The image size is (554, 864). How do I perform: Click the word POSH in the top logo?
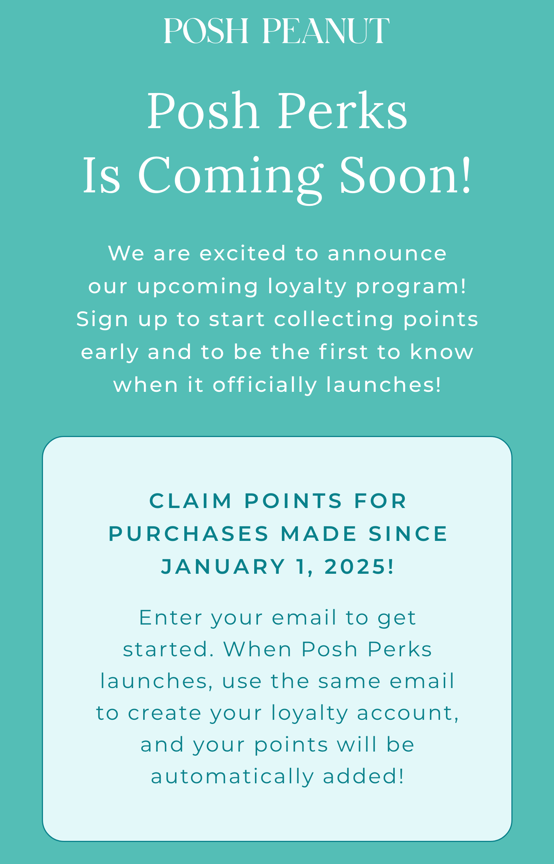(206, 31)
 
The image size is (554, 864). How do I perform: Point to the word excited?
(243, 253)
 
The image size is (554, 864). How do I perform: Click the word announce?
(387, 254)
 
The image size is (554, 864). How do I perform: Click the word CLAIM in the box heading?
(191, 501)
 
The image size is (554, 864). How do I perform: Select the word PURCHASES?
(189, 534)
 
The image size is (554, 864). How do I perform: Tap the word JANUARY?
(224, 567)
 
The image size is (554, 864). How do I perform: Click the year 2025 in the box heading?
(356, 567)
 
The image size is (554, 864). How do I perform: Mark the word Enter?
(171, 617)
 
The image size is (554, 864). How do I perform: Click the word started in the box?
(168, 650)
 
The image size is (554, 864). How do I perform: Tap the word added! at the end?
(363, 777)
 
